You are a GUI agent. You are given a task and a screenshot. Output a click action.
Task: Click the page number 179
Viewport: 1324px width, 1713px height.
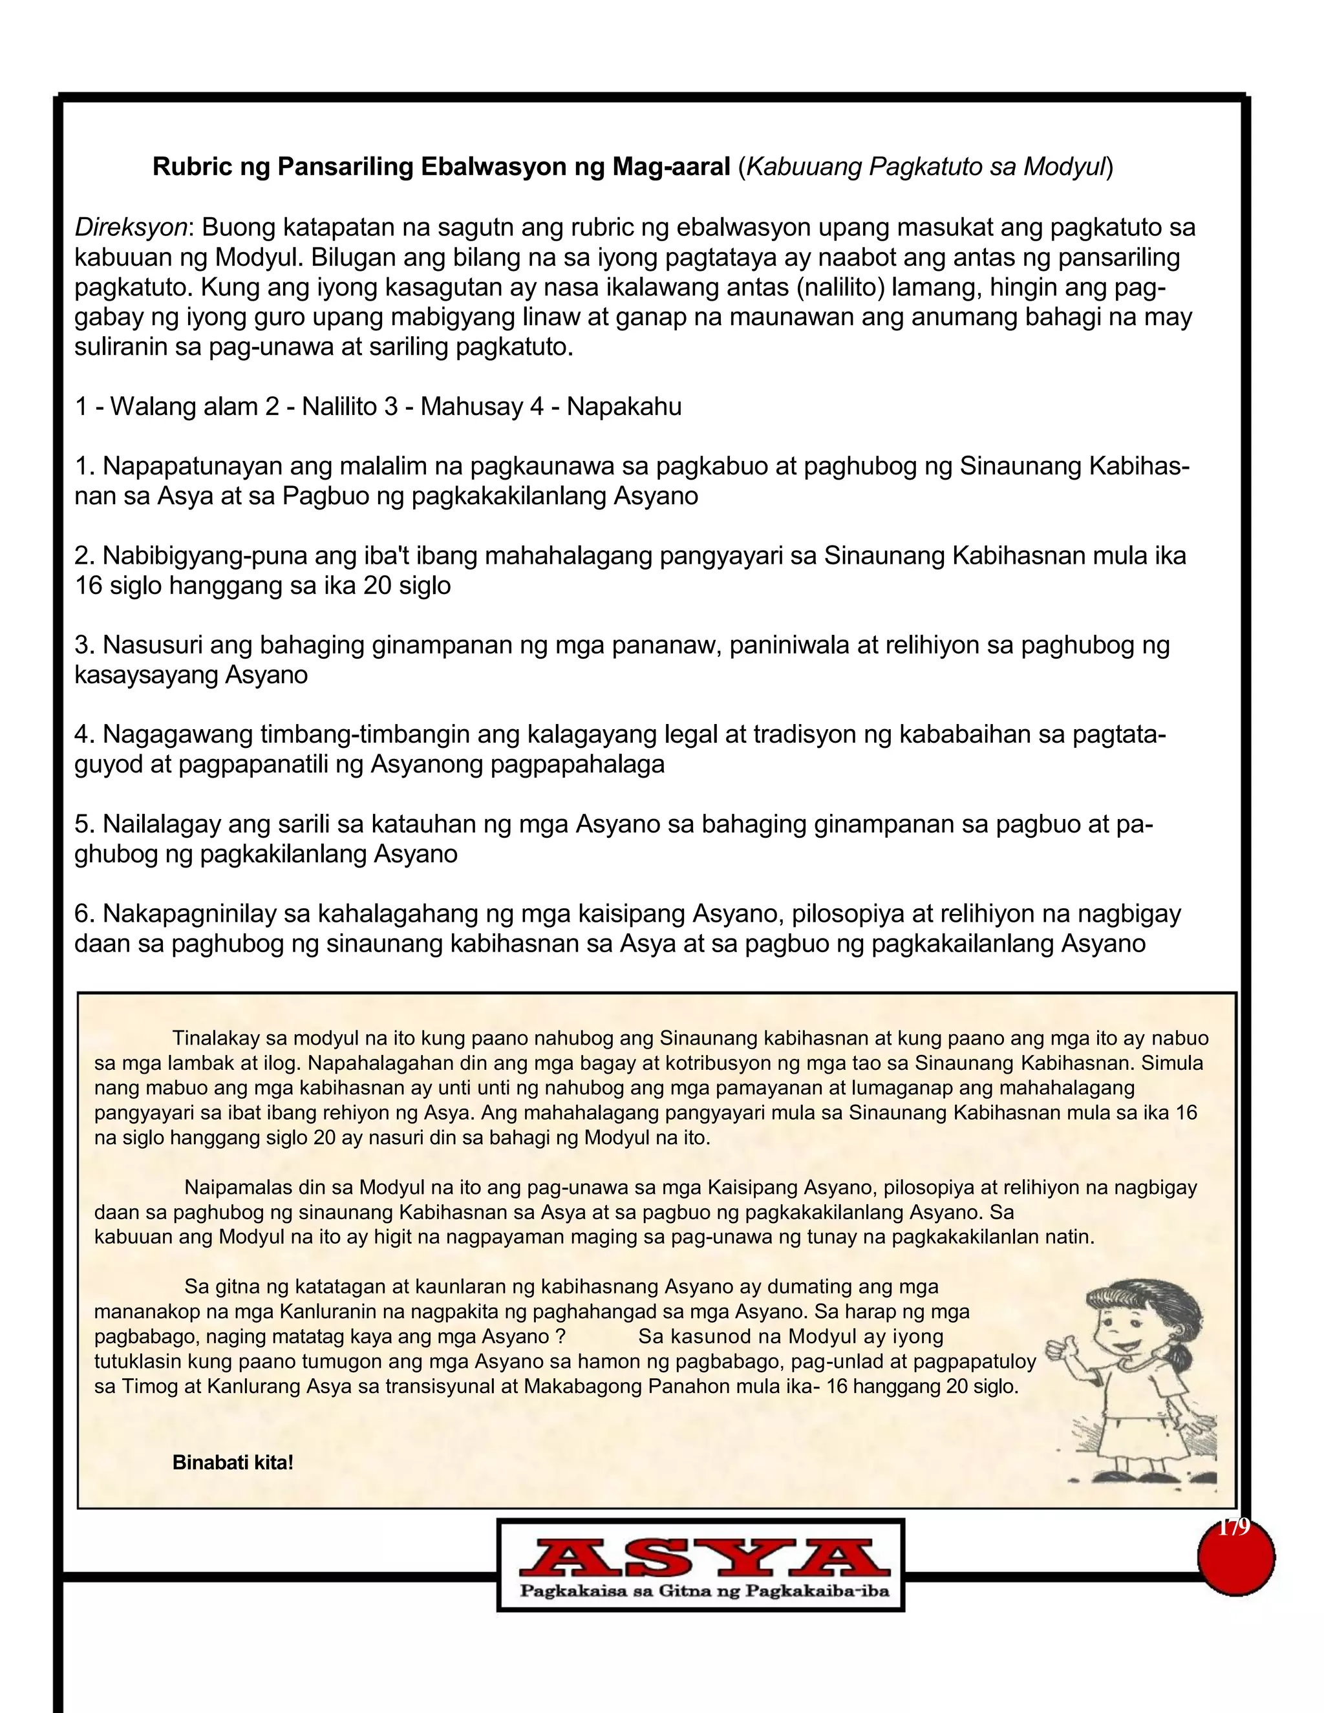tap(1233, 1528)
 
